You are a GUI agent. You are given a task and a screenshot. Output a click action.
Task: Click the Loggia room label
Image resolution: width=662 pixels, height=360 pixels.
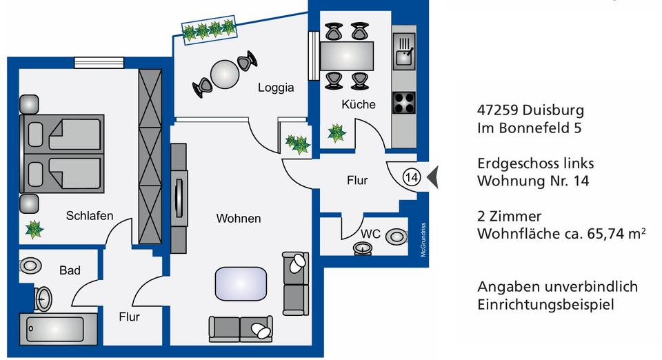[x=276, y=88]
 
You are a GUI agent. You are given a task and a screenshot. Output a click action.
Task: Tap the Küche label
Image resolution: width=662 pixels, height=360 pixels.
[x=359, y=105]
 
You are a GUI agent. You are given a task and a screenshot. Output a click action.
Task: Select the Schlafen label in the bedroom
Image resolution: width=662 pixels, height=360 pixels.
[x=90, y=216]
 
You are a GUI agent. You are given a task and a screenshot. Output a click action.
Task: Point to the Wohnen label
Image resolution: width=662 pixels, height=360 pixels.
[x=239, y=219]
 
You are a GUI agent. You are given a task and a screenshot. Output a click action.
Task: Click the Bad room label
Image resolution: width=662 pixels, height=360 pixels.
[x=70, y=270]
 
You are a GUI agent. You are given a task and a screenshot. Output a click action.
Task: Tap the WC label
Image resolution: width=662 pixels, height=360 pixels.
[x=371, y=234]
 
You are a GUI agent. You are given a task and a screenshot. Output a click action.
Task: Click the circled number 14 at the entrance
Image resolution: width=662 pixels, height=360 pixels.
[x=411, y=177]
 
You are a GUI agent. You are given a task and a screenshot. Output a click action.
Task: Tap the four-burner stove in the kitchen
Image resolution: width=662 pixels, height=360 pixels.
[x=404, y=103]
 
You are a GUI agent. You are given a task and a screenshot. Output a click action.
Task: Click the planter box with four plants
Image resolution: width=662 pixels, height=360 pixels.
[x=209, y=29]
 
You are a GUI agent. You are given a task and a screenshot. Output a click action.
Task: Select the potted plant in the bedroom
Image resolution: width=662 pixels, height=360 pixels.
[x=34, y=229]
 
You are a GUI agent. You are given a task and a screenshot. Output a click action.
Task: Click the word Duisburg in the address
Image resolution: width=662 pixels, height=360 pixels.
[x=553, y=110]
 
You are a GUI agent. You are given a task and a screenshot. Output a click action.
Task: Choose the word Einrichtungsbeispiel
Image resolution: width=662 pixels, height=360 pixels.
[x=545, y=305]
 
